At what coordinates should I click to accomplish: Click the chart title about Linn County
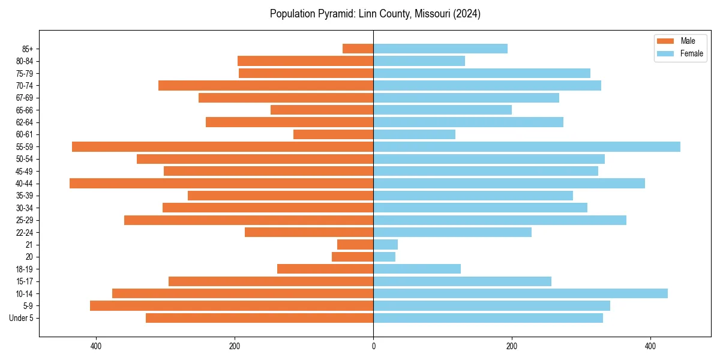(375, 14)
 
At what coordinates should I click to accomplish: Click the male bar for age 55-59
(223, 146)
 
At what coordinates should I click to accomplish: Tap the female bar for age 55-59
(527, 146)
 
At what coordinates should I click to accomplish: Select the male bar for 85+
(358, 49)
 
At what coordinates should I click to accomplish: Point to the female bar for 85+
(440, 49)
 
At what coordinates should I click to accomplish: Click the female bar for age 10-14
(520, 293)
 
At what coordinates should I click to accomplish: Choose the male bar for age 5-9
(232, 305)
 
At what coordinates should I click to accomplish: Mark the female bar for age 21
(385, 244)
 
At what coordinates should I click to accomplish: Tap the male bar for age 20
(353, 257)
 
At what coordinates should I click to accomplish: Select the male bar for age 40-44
(221, 183)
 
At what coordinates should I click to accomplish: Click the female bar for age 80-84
(419, 61)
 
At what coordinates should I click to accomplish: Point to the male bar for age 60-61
(333, 134)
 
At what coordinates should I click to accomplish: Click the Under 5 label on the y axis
(21, 318)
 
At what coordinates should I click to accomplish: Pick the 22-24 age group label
(25, 232)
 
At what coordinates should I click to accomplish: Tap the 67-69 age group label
(25, 98)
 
